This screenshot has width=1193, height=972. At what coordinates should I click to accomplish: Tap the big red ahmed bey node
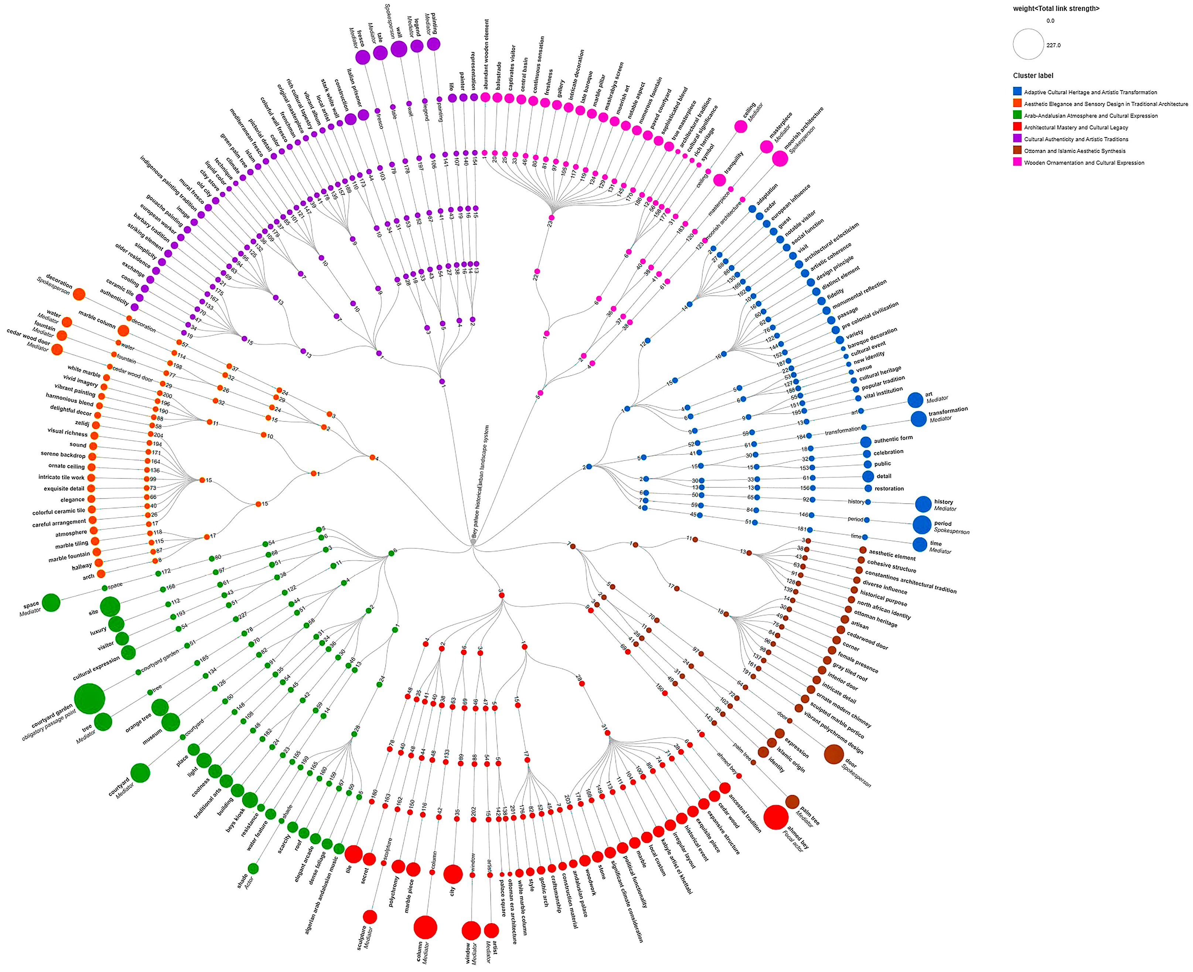(776, 817)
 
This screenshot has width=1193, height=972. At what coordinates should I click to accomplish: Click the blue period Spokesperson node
(921, 525)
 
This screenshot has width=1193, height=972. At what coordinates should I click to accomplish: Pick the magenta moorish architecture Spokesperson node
(780, 159)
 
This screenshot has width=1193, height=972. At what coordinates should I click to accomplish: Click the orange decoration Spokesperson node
(79, 295)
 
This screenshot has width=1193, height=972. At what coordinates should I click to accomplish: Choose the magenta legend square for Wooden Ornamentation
(1017, 162)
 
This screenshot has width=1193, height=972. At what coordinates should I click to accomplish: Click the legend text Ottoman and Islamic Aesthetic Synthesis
(1074, 150)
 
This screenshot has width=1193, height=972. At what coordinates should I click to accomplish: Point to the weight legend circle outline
(1028, 44)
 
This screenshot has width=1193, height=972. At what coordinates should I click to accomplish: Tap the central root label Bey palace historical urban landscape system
(480, 481)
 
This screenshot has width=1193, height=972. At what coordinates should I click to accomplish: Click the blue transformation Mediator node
(918, 419)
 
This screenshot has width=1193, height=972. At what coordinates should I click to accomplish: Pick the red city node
(453, 873)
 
